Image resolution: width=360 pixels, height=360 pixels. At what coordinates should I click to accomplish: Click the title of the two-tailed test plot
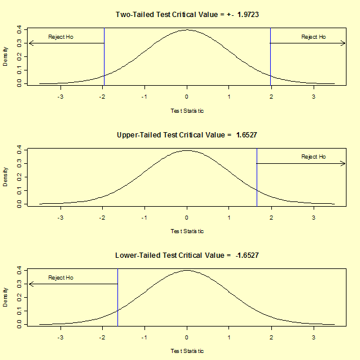[x=187, y=14]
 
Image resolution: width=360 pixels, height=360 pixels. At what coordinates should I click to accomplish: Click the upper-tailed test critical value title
[x=187, y=135]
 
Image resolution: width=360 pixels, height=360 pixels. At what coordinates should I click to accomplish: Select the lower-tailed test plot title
[x=187, y=255]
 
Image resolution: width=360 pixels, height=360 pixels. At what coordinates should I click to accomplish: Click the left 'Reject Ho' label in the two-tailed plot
[x=60, y=37]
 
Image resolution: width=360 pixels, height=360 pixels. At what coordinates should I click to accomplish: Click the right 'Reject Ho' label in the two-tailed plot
[x=314, y=37]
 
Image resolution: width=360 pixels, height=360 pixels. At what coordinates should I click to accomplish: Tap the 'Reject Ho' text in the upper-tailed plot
[x=314, y=157]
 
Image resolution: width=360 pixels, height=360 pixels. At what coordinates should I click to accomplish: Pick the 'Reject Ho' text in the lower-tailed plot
[x=60, y=277]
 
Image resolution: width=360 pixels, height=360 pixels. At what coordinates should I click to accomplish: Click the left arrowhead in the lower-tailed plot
[x=31, y=284]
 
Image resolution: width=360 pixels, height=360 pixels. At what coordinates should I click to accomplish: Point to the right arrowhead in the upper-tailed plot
[x=344, y=163]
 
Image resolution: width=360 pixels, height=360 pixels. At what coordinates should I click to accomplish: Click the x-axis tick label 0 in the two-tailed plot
[x=187, y=97]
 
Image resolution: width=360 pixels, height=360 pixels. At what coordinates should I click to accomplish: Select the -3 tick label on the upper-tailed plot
[x=60, y=217]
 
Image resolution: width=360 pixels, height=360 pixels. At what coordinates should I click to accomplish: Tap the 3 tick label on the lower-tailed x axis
[x=314, y=338]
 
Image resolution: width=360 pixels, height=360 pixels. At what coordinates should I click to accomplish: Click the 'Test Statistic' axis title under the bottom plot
[x=187, y=351]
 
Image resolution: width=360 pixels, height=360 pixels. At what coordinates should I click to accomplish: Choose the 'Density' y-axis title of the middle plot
[x=6, y=176]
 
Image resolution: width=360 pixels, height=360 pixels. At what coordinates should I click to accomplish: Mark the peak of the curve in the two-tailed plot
[x=187, y=30]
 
